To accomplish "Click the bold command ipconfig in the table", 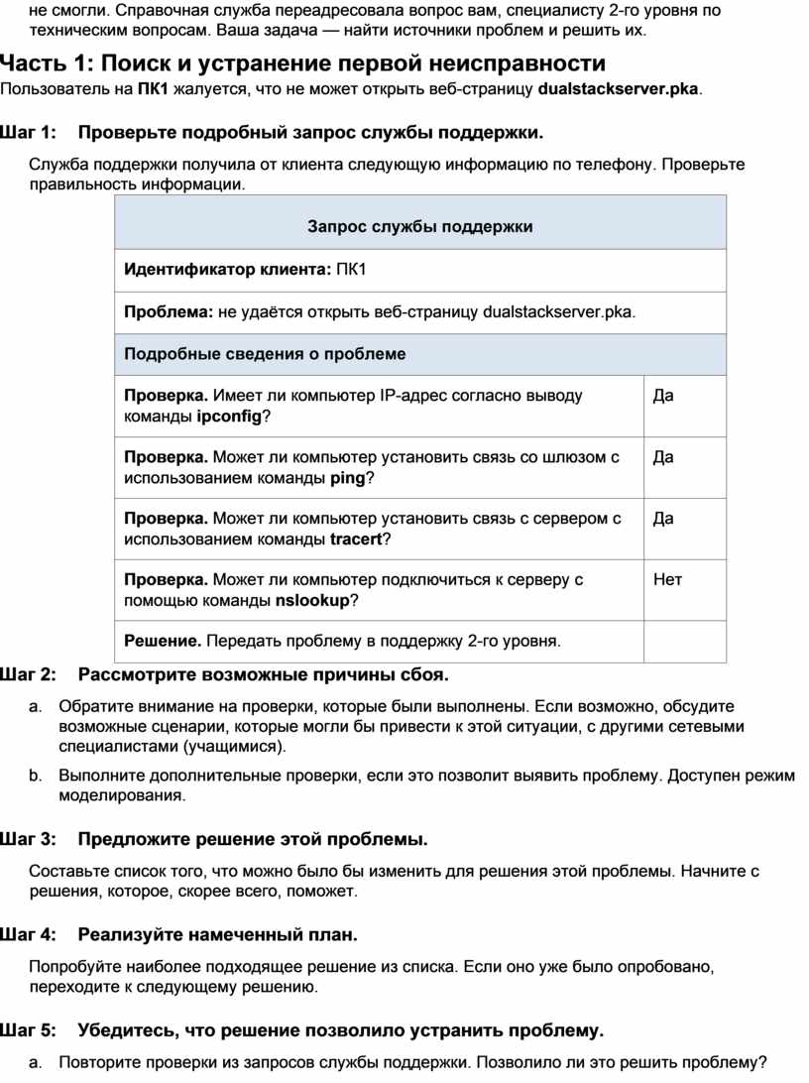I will [x=230, y=417].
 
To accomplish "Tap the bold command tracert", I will [x=355, y=540].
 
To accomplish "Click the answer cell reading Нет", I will [x=667, y=579].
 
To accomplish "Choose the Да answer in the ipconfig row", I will [x=663, y=396].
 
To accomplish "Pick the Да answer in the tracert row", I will [x=663, y=519].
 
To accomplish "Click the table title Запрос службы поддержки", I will [x=420, y=227].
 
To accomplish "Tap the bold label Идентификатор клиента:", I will [x=227, y=270].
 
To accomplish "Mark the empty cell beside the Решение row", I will [x=684, y=641].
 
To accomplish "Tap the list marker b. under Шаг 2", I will [x=35, y=776].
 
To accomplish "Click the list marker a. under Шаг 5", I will [x=35, y=1063].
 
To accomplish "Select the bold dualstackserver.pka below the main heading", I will [x=618, y=90].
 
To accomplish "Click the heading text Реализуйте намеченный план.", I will [x=217, y=935].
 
